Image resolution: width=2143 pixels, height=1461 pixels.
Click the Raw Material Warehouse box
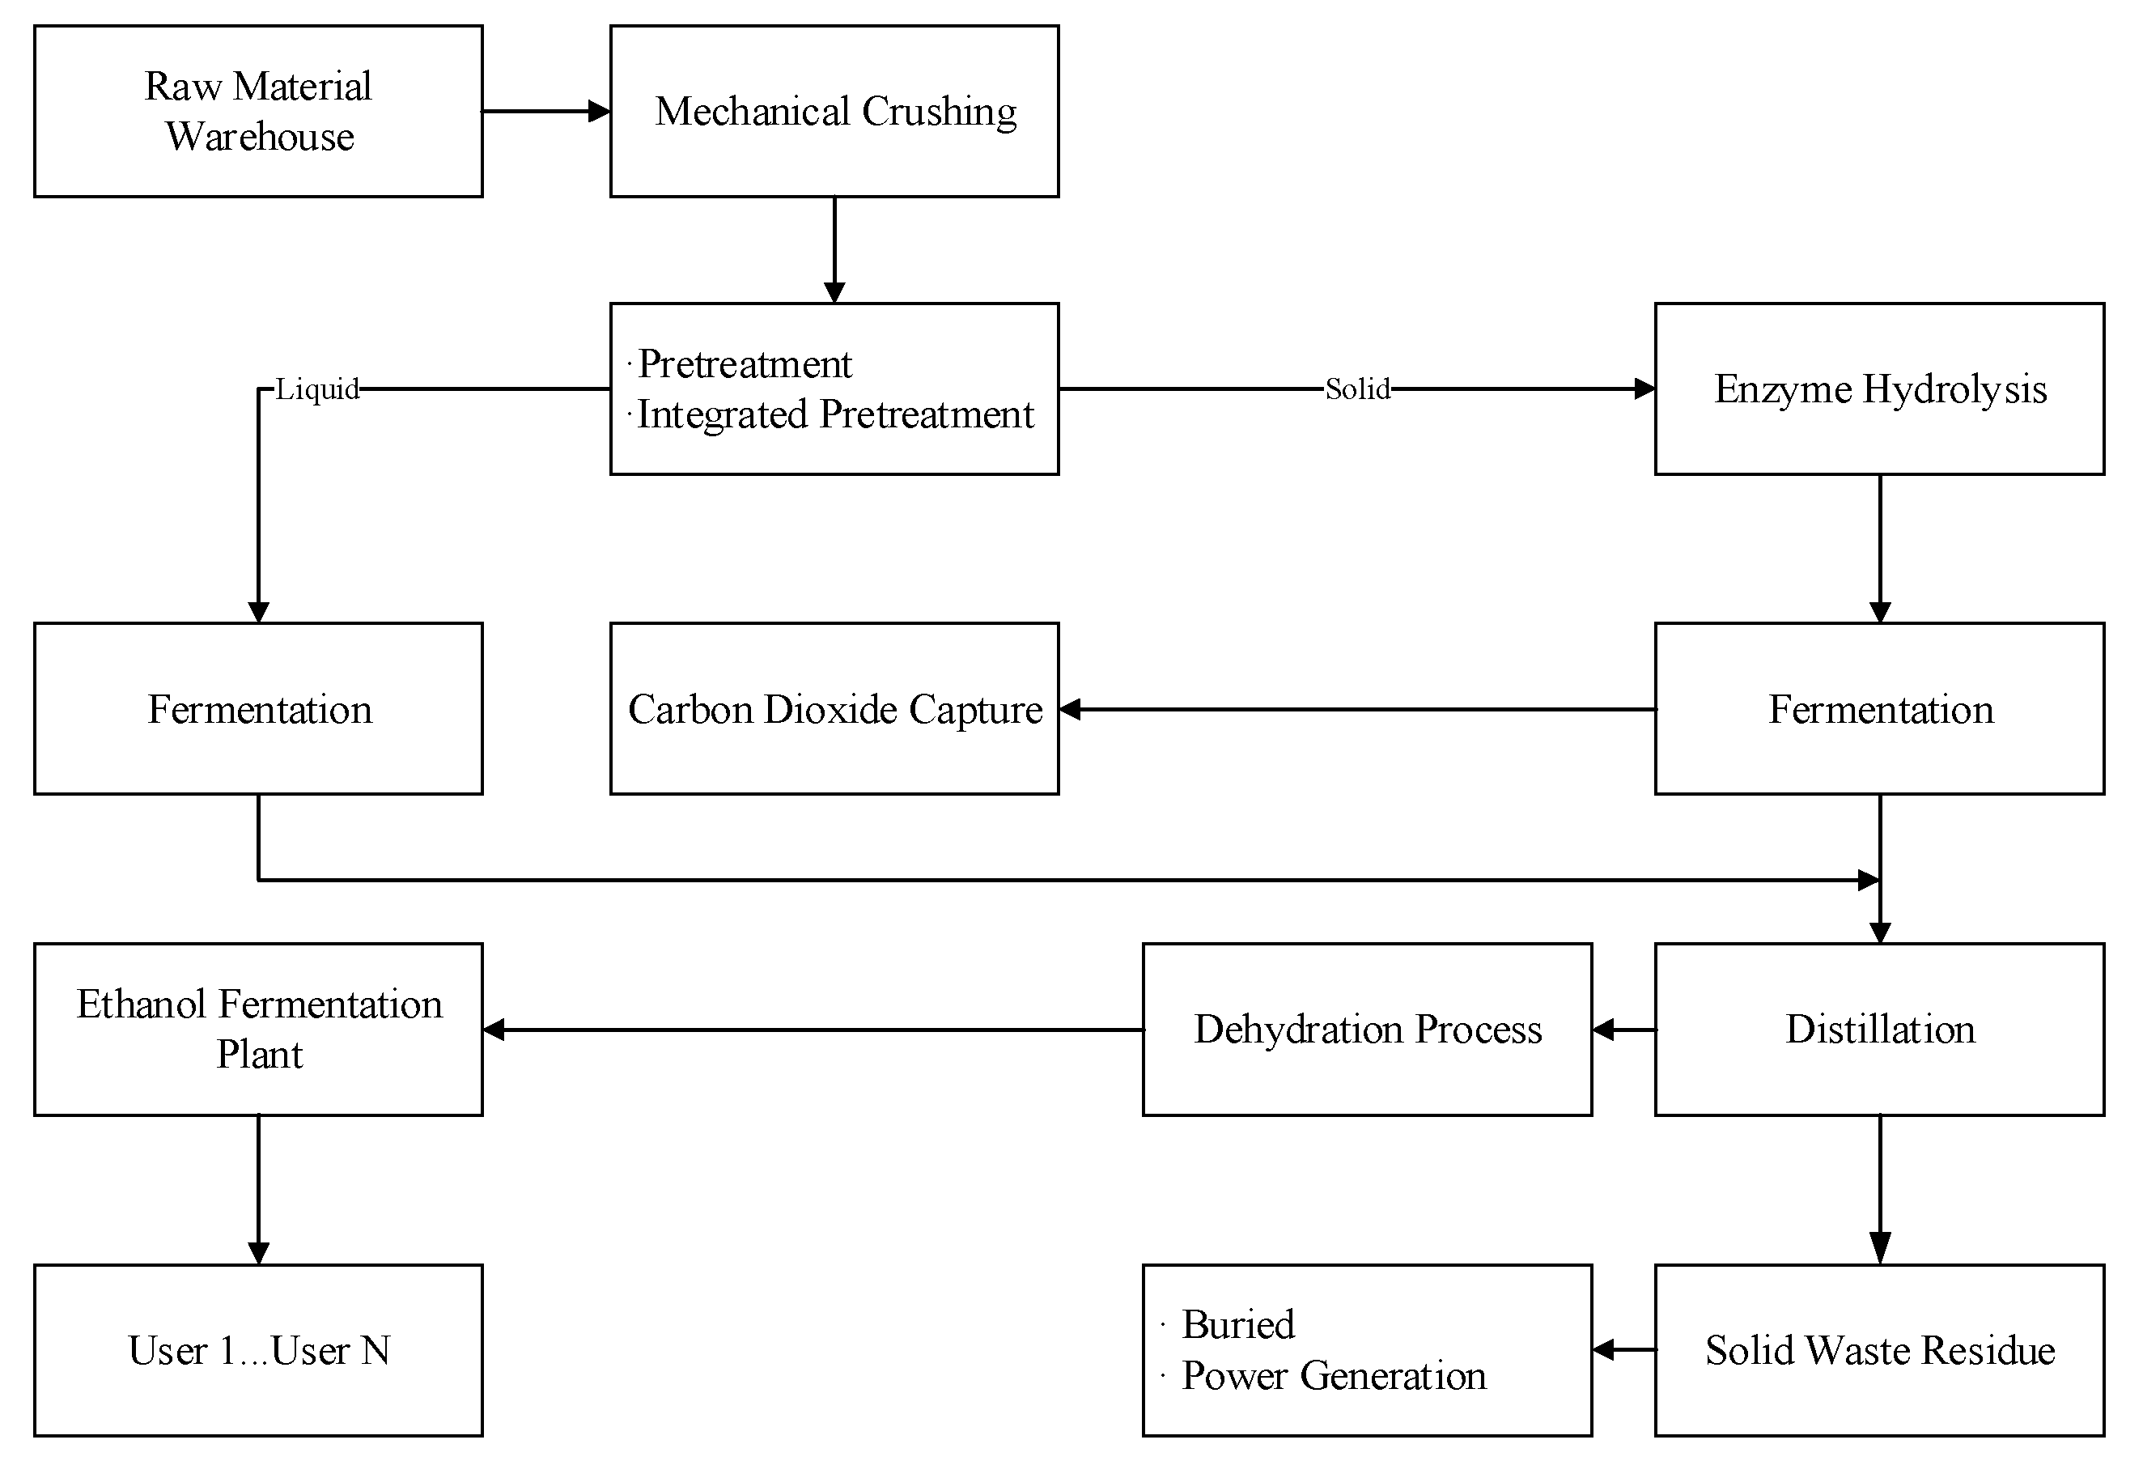(258, 111)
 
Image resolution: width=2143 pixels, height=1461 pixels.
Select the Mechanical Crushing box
(834, 111)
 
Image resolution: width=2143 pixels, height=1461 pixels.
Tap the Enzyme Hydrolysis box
(1879, 389)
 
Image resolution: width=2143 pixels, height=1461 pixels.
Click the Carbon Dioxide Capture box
(834, 708)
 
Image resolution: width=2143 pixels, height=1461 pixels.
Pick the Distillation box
(1879, 1029)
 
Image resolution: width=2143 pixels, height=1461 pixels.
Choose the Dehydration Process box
(1367, 1029)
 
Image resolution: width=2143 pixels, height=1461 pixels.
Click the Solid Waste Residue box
(1879, 1349)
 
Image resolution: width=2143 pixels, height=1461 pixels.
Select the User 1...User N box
(258, 1349)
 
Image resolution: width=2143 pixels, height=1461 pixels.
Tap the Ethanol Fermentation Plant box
(258, 1029)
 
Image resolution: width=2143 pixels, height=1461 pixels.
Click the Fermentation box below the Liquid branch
(258, 708)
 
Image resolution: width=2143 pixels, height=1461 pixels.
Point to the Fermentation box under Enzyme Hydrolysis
(1879, 708)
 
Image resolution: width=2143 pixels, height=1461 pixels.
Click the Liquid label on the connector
(317, 389)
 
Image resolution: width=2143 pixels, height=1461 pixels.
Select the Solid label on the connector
(1356, 389)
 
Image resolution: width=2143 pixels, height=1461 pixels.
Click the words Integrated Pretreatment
(835, 414)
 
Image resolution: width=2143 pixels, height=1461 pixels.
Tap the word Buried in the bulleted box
(1237, 1324)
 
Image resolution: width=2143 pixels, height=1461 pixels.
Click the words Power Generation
(1334, 1375)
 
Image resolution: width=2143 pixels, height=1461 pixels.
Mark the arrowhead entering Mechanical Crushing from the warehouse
(600, 112)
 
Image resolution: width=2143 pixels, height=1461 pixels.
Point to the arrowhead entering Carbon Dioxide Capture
(1070, 709)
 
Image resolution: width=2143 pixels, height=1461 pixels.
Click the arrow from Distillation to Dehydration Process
(1623, 1030)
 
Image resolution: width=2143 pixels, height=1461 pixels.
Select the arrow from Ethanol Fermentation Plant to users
(258, 1190)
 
